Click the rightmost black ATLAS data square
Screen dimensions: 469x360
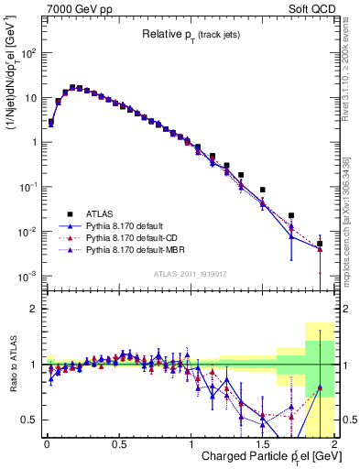coord(320,244)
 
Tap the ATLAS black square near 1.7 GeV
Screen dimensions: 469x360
coord(291,216)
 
